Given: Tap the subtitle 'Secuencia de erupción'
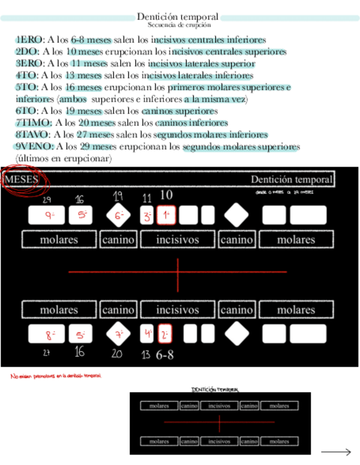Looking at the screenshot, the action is pos(179,25).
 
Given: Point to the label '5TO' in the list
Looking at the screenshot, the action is pos(27,88).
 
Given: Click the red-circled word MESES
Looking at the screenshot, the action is pos(21,180).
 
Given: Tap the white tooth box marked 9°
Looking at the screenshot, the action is pos(47,216).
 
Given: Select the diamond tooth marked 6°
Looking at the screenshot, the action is pos(119,215).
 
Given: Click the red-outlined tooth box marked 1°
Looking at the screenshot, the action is pos(166,216).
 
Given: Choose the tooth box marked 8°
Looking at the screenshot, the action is pos(47,333).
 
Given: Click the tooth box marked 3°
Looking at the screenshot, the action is pos(147,216).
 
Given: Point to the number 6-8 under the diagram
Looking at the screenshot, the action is pos(165,355).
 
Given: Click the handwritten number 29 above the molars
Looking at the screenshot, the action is pos(47,200).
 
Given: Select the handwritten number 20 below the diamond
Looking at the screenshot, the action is pos(117,354).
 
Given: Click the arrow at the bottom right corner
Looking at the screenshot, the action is pos(336,452).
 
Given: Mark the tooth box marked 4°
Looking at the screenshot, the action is pos(147,333).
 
